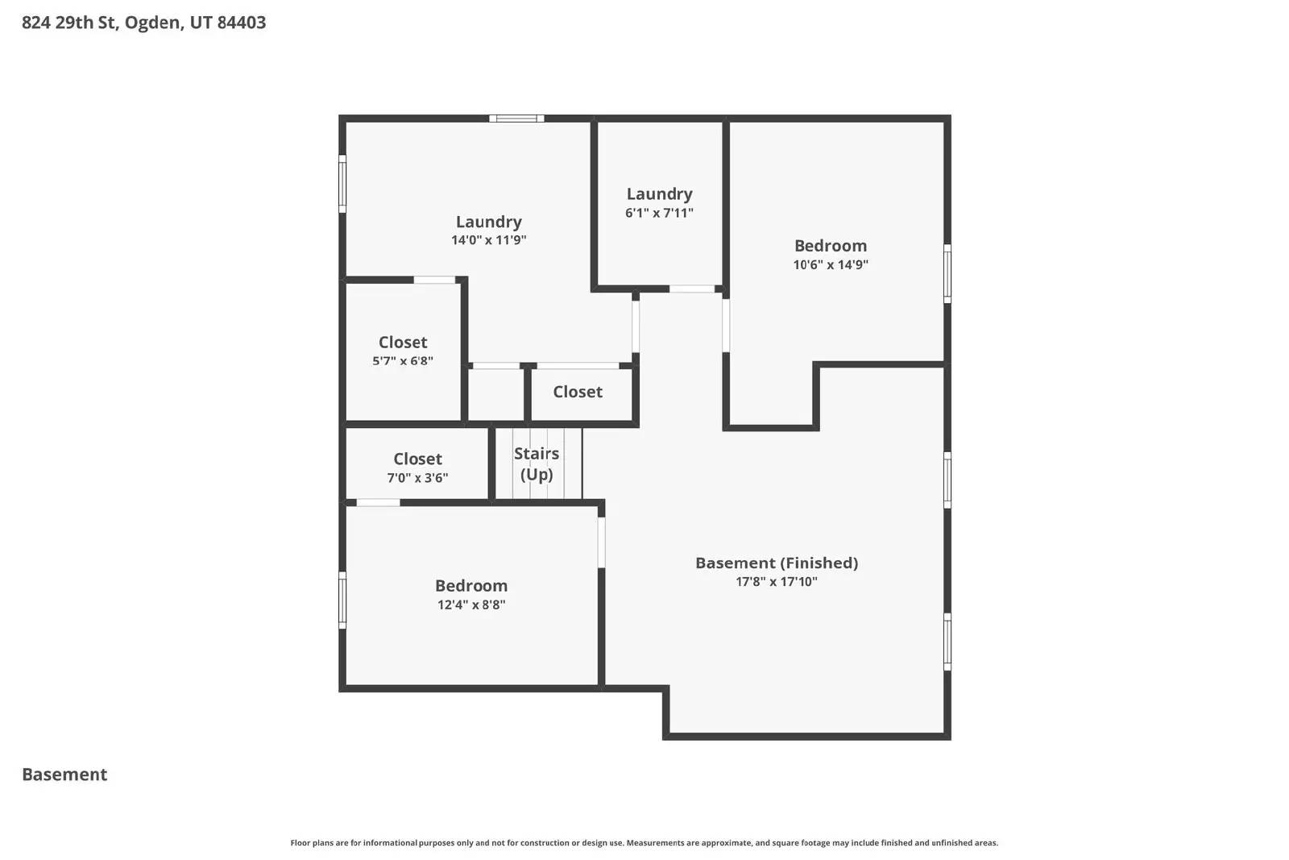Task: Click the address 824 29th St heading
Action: point(143,23)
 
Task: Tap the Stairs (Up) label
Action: point(537,463)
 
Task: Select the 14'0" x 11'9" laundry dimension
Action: point(489,240)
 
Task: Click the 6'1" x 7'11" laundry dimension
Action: point(659,213)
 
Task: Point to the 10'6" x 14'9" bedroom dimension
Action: point(831,264)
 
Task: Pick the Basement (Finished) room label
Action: point(777,563)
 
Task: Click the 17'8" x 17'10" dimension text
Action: point(777,581)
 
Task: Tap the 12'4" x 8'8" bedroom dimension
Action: point(471,604)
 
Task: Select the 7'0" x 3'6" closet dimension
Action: point(417,477)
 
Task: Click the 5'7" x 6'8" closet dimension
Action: point(403,361)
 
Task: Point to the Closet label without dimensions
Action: point(578,392)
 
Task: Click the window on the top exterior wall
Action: point(516,118)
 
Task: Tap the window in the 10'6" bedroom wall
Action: point(947,273)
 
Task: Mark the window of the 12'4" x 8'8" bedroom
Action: point(342,600)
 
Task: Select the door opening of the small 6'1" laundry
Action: point(692,289)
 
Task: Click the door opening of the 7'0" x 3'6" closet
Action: point(378,503)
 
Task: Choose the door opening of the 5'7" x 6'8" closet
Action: point(434,280)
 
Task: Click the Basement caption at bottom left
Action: point(64,775)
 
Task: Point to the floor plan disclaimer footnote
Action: point(644,843)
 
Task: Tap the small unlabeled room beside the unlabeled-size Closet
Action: point(496,395)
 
